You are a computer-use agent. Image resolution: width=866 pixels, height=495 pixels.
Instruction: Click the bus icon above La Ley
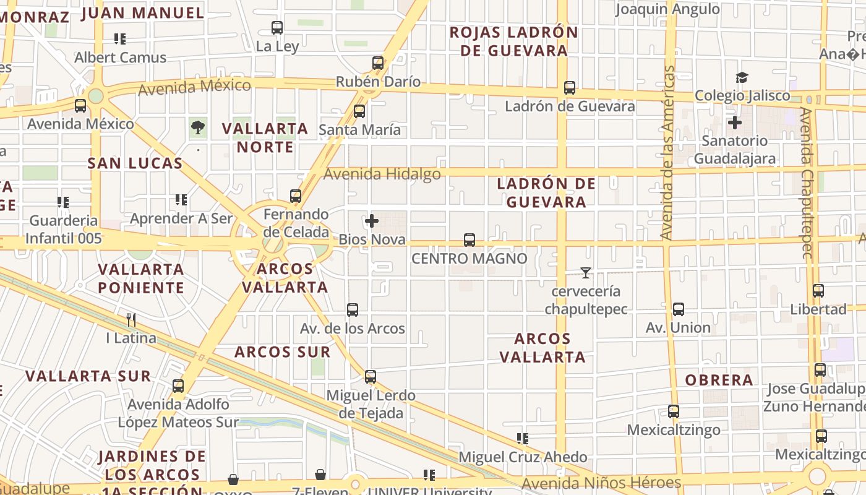[277, 28]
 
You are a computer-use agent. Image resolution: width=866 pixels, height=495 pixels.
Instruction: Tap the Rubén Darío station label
[378, 82]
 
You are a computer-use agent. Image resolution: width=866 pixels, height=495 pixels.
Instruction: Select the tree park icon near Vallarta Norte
[198, 128]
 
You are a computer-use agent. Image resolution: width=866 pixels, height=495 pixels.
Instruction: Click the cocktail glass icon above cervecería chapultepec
[585, 272]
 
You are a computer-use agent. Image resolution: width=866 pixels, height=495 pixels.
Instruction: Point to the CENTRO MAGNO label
[469, 259]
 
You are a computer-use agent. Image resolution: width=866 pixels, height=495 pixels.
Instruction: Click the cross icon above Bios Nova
[372, 221]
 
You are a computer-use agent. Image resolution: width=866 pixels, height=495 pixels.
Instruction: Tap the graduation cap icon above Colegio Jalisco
[742, 77]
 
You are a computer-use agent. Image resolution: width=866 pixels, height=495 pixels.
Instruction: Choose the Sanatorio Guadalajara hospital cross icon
[735, 123]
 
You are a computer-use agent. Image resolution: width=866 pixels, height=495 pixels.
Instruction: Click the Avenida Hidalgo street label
[382, 174]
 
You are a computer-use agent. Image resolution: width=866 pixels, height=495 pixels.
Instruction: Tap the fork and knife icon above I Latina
[131, 320]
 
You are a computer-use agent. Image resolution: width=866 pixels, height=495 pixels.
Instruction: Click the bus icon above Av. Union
[679, 309]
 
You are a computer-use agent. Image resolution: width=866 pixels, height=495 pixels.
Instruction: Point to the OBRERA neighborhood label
[719, 380]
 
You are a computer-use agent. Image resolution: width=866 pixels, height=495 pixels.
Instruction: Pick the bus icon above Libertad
[818, 291]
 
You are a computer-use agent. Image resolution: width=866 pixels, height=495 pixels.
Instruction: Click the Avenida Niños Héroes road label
[601, 483]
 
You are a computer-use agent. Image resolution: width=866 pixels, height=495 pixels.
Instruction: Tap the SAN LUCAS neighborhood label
[135, 163]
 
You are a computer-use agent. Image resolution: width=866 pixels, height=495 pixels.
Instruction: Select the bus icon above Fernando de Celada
[296, 196]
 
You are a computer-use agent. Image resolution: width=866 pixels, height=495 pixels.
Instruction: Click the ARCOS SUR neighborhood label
[282, 352]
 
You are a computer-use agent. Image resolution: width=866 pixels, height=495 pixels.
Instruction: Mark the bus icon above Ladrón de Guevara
[570, 88]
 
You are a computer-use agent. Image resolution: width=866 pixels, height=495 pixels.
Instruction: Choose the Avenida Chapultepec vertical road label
[805, 184]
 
